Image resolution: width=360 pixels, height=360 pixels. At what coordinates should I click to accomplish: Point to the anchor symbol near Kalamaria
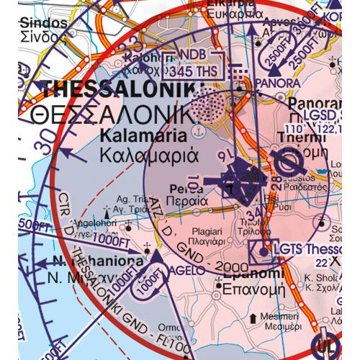195,133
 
